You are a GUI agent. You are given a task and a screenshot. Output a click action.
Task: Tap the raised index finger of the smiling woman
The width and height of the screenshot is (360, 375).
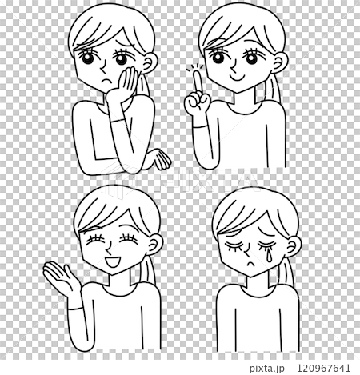pos(198,82)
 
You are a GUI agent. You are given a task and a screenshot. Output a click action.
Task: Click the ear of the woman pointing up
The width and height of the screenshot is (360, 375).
pos(279,62)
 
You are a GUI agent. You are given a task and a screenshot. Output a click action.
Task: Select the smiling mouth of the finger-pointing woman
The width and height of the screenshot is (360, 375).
pos(237,78)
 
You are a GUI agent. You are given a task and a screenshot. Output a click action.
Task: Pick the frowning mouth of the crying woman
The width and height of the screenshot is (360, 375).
pos(250,264)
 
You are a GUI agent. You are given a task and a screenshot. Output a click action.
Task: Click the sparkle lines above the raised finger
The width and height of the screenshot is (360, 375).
pos(195,67)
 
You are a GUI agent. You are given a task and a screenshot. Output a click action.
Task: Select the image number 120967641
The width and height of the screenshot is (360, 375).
pos(323,369)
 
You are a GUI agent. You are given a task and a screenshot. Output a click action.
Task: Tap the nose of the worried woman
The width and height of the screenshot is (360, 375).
pos(103,67)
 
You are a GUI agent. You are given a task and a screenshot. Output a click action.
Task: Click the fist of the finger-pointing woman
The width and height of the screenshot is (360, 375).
pos(198,102)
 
